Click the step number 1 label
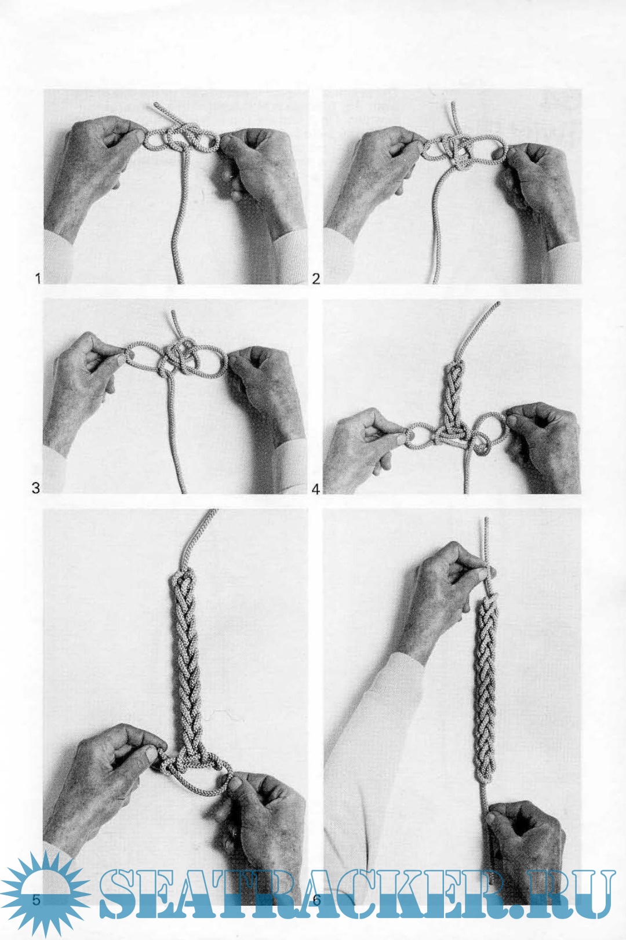click(38, 278)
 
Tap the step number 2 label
click(316, 279)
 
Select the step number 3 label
click(36, 488)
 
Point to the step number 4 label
click(316, 489)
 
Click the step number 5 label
click(37, 899)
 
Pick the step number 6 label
click(316, 899)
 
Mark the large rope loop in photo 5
click(197, 793)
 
